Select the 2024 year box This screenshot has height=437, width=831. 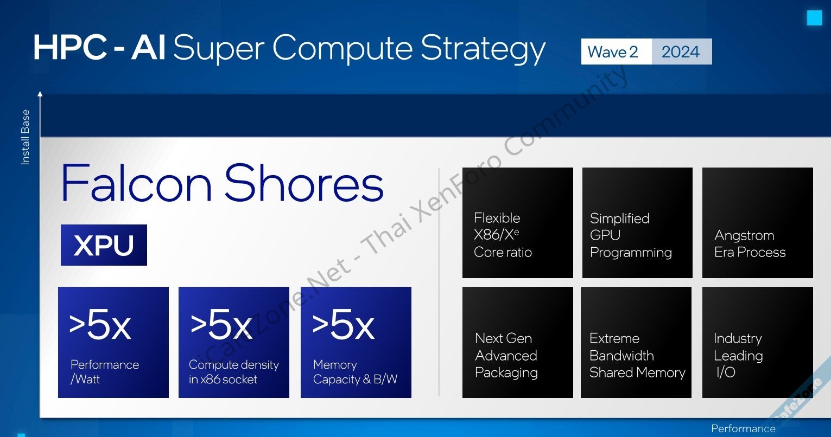tap(682, 52)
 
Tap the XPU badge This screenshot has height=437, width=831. tap(104, 245)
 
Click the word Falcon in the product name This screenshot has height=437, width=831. tap(137, 183)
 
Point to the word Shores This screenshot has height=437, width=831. tap(304, 183)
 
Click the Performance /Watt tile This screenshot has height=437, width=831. tap(113, 342)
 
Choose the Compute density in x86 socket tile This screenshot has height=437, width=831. tap(234, 342)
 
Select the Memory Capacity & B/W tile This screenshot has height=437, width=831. tap(356, 342)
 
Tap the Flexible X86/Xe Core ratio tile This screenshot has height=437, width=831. tap(517, 223)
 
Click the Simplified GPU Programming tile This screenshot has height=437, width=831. tap(637, 223)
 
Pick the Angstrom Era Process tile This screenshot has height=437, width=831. tap(758, 223)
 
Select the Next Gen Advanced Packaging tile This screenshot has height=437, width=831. tap(517, 342)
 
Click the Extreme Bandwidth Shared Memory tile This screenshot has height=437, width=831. tap(636, 342)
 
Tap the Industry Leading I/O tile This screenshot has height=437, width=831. tap(758, 342)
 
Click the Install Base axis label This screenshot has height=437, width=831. tap(25, 137)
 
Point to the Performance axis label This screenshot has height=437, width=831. tap(743, 428)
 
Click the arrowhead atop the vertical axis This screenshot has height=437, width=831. tap(40, 94)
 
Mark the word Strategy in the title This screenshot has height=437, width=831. tap(483, 48)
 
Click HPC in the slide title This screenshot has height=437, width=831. tap(71, 48)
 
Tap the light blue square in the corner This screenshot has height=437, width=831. tap(814, 18)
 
